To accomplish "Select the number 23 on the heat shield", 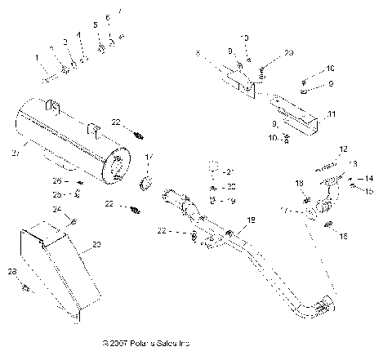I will [x=98, y=245].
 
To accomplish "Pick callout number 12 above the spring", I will [x=343, y=149].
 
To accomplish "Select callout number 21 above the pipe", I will [x=231, y=171].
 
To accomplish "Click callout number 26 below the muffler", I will [x=57, y=180].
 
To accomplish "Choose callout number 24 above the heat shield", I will [x=58, y=210].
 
